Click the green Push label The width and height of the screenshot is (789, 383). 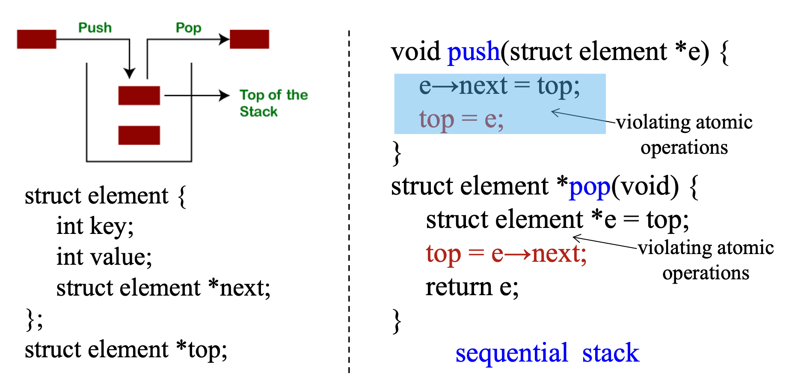[x=95, y=28]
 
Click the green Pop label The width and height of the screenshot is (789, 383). [x=188, y=28]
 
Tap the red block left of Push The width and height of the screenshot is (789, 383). [x=36, y=39]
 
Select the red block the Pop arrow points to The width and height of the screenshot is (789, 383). [x=249, y=39]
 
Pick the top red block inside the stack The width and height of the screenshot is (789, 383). [x=139, y=95]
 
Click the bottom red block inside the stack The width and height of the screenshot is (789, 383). [x=139, y=135]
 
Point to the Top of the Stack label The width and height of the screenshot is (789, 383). [x=273, y=103]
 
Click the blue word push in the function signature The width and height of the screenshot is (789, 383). [x=473, y=52]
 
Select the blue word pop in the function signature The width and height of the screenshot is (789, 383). [x=589, y=187]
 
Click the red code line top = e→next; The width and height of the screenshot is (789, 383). [x=506, y=254]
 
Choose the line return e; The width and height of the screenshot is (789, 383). [x=472, y=287]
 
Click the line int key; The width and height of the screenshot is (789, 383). [x=95, y=226]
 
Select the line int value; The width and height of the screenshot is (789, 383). [x=104, y=257]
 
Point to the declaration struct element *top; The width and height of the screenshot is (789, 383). [x=126, y=350]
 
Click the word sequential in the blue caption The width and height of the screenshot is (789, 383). [x=511, y=353]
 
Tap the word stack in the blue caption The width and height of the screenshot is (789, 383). [x=611, y=353]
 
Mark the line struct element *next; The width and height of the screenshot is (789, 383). [x=163, y=287]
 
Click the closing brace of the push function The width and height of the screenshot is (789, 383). [x=397, y=153]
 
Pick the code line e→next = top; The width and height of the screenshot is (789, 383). [x=499, y=86]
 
